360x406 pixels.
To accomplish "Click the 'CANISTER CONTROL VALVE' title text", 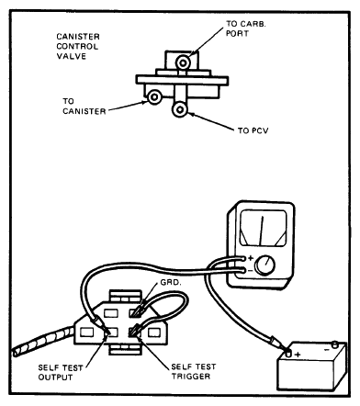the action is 78,46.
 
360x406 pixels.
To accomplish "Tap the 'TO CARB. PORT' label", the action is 246,28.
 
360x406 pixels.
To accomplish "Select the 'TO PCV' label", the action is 253,130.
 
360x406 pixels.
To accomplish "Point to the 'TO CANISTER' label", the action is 84,106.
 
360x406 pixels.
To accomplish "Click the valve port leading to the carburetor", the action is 183,62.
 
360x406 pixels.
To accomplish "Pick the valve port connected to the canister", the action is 154,97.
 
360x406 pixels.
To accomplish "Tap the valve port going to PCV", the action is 180,109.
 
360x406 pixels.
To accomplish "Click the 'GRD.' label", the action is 171,282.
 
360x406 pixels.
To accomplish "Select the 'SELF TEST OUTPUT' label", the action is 61,372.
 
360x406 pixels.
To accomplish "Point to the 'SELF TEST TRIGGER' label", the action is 194,371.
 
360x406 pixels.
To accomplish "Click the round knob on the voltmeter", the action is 264,265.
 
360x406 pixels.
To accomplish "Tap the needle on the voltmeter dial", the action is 261,231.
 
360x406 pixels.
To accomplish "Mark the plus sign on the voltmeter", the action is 251,258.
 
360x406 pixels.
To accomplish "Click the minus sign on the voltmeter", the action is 250,271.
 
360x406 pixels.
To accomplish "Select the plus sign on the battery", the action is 298,355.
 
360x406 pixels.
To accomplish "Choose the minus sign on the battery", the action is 327,349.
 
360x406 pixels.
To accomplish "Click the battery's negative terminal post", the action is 334,344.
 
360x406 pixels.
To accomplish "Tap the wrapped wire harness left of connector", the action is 43,343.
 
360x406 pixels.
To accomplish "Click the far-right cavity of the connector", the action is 154,333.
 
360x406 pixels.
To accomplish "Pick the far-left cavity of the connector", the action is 86,333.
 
